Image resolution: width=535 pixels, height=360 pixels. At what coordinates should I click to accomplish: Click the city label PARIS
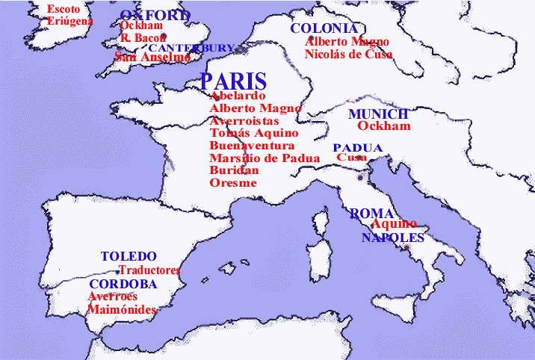(233, 81)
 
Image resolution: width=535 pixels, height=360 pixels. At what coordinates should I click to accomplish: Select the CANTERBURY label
(191, 48)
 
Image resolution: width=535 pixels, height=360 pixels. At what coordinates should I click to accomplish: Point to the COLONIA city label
(319, 28)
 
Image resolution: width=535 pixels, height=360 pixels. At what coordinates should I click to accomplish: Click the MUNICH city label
(378, 114)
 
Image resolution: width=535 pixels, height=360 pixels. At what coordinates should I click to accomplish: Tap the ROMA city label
(371, 214)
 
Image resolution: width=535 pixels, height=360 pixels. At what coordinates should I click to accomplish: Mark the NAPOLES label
(392, 238)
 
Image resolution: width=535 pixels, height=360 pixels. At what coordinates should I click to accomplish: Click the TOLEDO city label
(129, 256)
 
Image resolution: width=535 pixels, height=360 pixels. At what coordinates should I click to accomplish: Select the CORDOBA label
(123, 285)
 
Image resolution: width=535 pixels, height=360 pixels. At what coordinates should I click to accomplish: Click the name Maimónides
(122, 309)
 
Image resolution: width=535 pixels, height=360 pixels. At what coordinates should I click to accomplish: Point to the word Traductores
(150, 270)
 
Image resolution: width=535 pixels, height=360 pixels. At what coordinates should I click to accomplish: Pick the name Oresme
(233, 183)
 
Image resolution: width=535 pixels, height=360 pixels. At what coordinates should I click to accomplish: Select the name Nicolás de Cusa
(349, 54)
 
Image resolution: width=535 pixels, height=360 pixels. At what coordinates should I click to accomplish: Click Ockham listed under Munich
(384, 126)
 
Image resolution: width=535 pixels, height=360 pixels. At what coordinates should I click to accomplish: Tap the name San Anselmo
(152, 57)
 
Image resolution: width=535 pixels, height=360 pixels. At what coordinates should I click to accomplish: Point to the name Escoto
(64, 9)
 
